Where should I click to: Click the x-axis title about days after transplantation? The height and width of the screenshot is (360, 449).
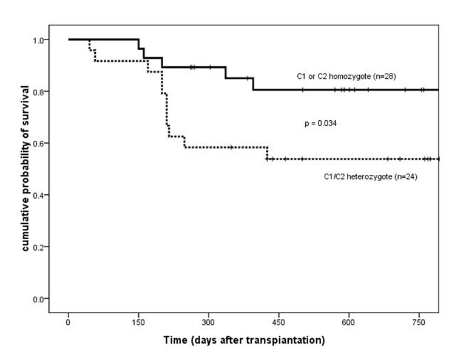(244, 341)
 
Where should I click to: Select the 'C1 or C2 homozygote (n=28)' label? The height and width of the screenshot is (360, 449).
(342, 76)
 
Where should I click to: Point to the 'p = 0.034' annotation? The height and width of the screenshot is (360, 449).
(320, 123)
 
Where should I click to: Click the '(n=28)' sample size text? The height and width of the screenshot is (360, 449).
(383, 76)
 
